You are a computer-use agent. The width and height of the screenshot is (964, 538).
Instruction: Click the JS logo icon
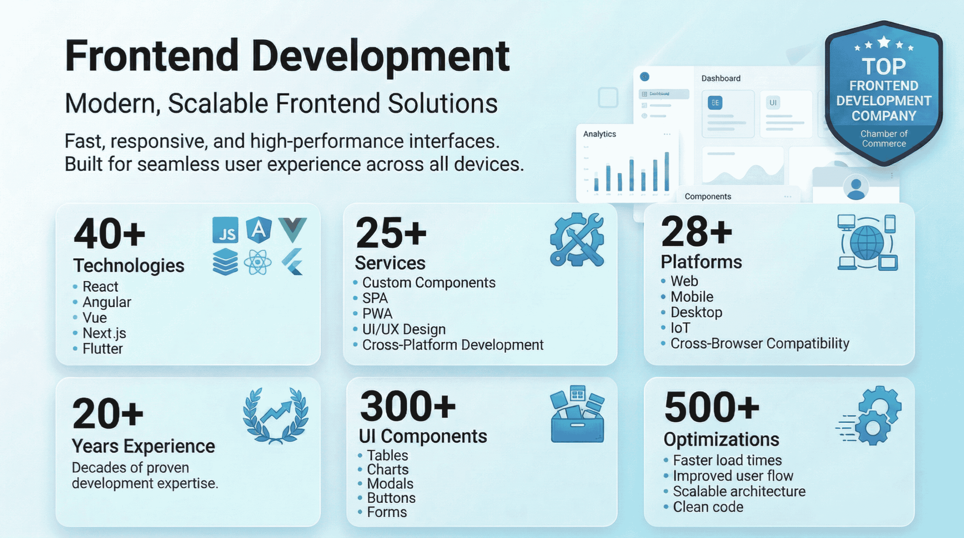[x=225, y=230]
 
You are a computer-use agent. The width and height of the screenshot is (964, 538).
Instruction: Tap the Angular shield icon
[x=259, y=229]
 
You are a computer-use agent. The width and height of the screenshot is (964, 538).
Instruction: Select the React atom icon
[x=258, y=262]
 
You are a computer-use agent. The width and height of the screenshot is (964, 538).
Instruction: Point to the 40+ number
[x=109, y=234]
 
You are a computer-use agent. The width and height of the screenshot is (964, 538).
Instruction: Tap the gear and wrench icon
[x=577, y=240]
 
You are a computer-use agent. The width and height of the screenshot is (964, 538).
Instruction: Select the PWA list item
[x=377, y=314]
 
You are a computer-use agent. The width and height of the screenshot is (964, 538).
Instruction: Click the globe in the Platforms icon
[x=867, y=242]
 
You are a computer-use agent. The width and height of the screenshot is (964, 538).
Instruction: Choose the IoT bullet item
[x=680, y=328]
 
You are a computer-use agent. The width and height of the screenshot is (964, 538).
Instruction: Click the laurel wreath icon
[x=276, y=416]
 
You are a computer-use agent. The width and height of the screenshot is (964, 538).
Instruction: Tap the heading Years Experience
[x=143, y=446]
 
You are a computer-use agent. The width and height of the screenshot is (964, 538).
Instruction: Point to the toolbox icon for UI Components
[x=577, y=414]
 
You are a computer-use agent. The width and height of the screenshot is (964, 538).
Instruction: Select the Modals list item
[x=390, y=484]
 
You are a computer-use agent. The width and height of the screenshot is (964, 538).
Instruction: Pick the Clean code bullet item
[x=708, y=507]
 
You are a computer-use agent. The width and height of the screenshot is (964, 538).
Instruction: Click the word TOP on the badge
[x=883, y=67]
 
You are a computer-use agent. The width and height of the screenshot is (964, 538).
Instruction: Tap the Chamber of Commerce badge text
[x=884, y=139]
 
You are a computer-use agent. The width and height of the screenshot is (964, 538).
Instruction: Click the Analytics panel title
[x=599, y=134]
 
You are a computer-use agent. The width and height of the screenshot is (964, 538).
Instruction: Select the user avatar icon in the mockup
[x=856, y=187]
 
